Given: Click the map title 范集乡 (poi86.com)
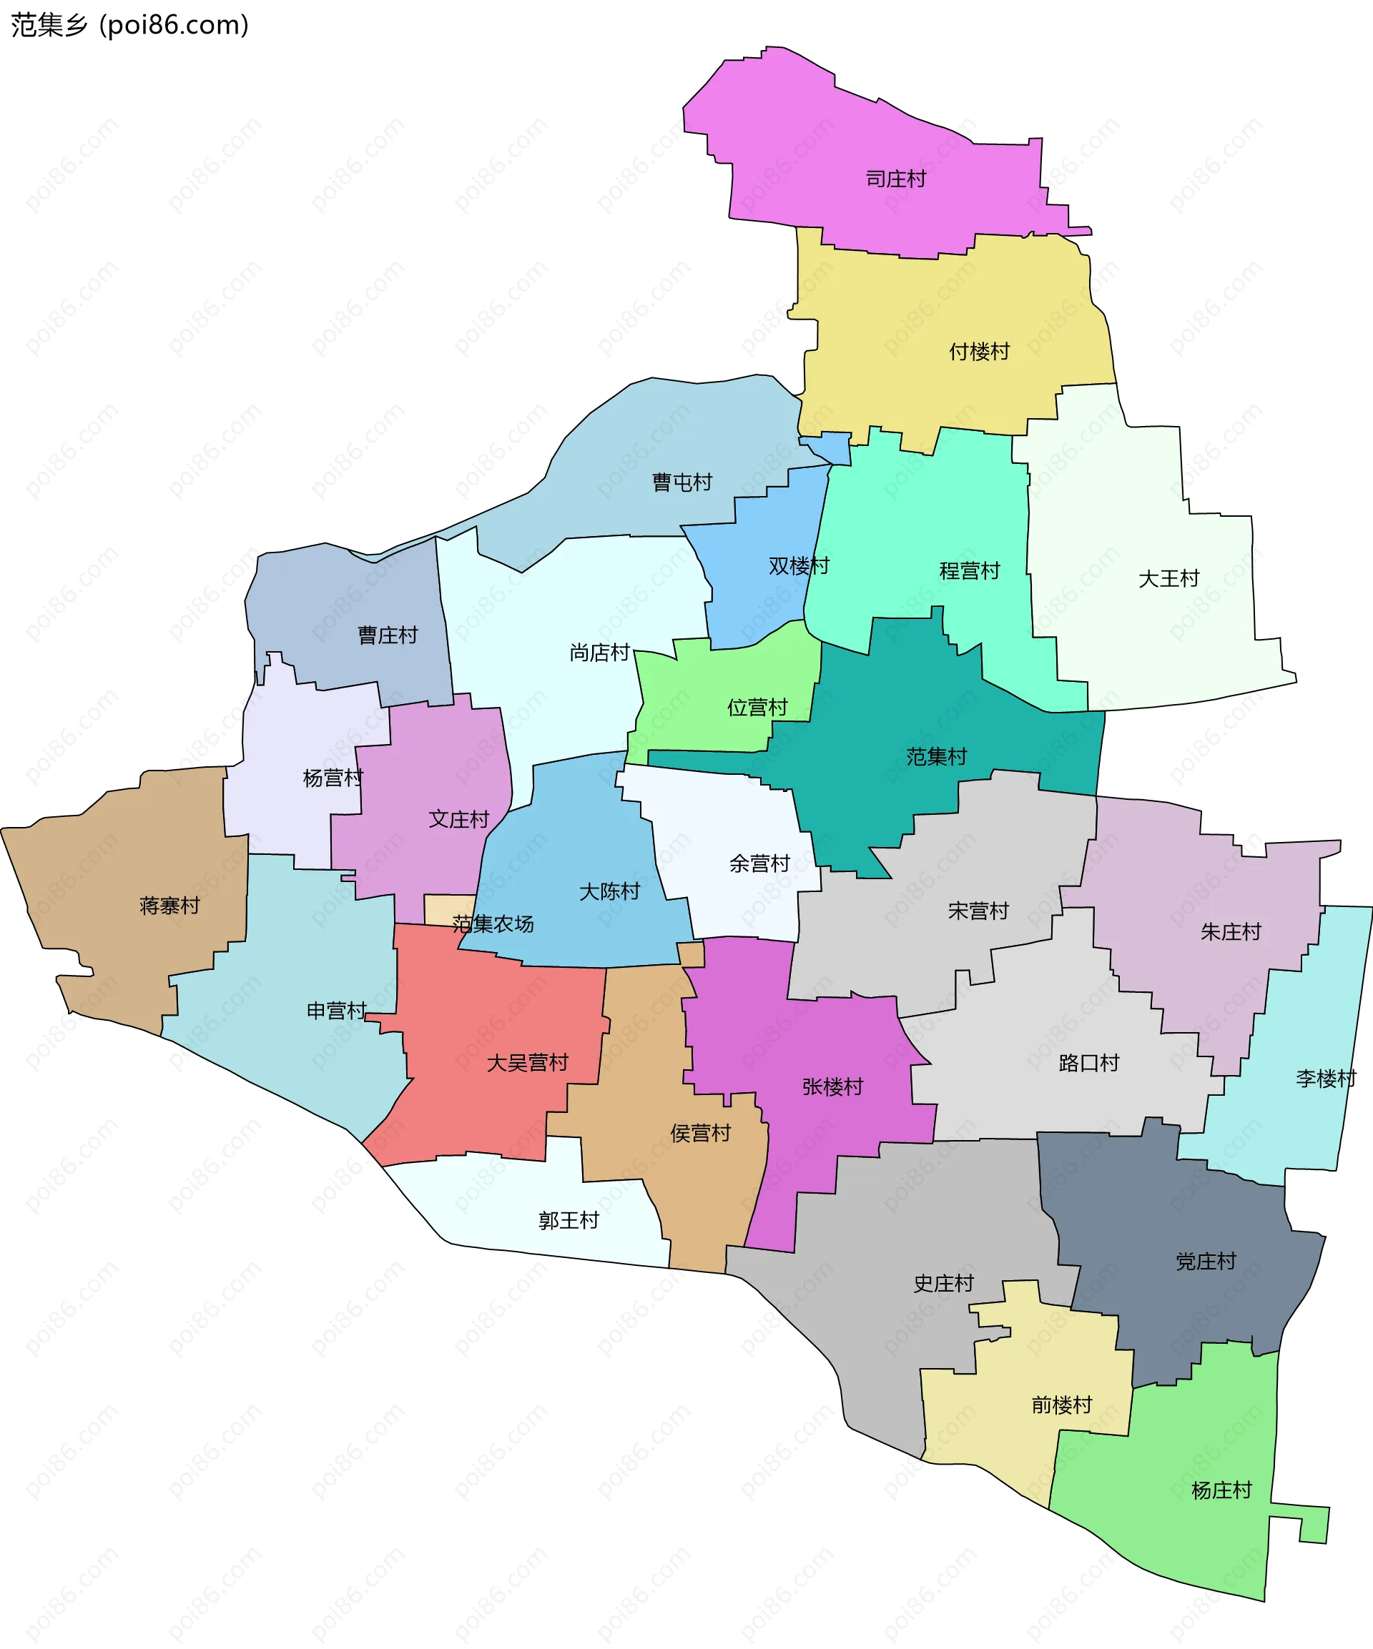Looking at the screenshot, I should pyautogui.click(x=129, y=25).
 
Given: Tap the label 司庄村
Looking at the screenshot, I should pyautogui.click(x=895, y=179).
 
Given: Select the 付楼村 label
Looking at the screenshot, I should pyautogui.click(x=979, y=352).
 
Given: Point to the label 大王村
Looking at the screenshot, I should pyautogui.click(x=1168, y=579).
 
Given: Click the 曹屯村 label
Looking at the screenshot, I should pyautogui.click(x=681, y=482).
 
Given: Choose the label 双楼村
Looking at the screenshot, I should pyautogui.click(x=799, y=565).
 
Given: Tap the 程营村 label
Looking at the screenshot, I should pyautogui.click(x=969, y=571).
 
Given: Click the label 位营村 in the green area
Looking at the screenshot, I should pyautogui.click(x=757, y=708).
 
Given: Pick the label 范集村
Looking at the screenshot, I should pyautogui.click(x=936, y=757).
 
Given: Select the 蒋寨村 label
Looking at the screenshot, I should pyautogui.click(x=169, y=906).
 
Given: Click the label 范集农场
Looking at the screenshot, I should pyautogui.click(x=493, y=924).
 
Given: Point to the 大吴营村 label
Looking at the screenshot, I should pyautogui.click(x=527, y=1063).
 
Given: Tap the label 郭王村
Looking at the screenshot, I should pyautogui.click(x=569, y=1221).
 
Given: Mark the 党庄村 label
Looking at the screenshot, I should pyautogui.click(x=1206, y=1262).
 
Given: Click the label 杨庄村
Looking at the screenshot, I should pyautogui.click(x=1221, y=1490).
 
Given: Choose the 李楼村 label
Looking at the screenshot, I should pyautogui.click(x=1326, y=1079).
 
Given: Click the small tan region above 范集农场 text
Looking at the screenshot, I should pyautogui.click(x=449, y=908).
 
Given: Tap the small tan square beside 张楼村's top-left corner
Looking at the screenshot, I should pyautogui.click(x=692, y=955).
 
